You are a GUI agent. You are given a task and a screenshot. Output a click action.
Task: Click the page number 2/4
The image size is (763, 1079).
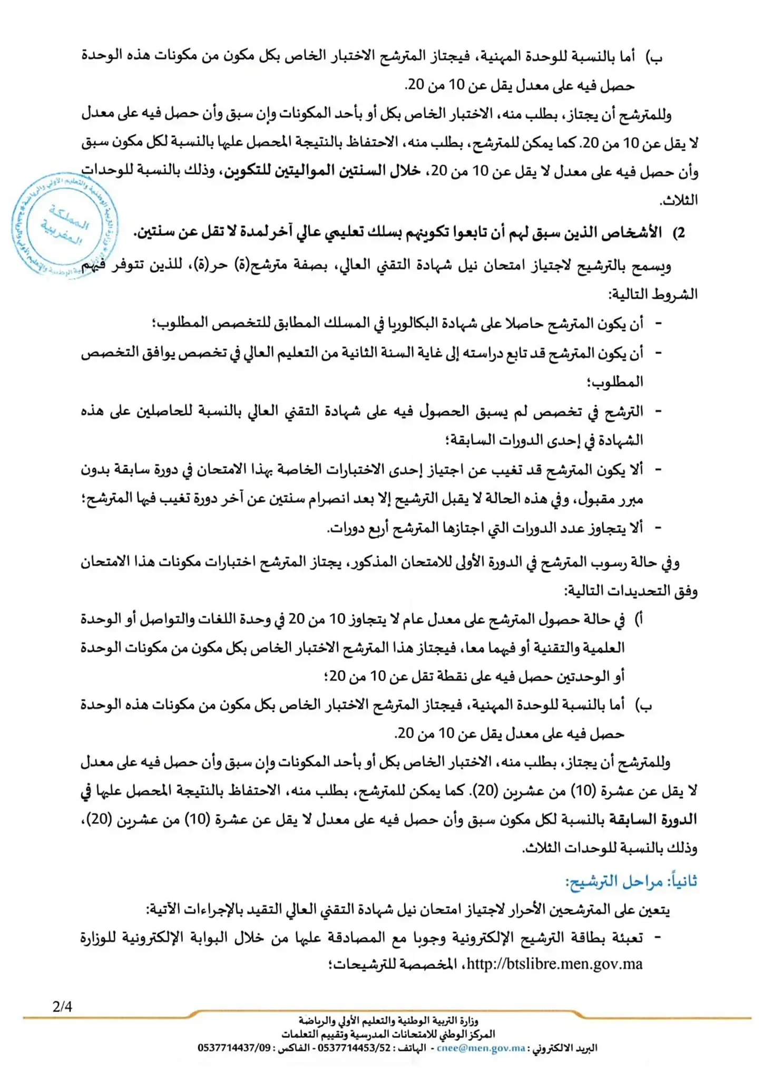[x=62, y=1007]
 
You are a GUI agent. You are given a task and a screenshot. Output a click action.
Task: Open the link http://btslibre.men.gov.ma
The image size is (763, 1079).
[x=554, y=965]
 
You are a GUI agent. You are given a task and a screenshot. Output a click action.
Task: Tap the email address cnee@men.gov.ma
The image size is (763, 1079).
[x=481, y=1048]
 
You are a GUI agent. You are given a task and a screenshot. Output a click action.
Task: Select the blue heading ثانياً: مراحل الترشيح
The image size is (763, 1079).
[x=631, y=881]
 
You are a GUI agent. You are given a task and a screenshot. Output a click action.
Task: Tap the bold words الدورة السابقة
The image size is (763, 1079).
[x=653, y=820]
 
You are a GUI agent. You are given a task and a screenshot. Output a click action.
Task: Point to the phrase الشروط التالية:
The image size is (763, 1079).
[x=653, y=294]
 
